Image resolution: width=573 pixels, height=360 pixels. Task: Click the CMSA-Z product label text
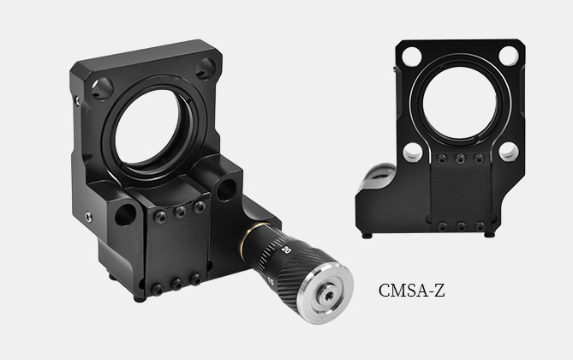[x=411, y=291]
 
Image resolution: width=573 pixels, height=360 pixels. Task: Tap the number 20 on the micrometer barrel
[x=286, y=250]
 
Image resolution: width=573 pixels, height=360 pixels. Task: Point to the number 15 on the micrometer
[x=271, y=281]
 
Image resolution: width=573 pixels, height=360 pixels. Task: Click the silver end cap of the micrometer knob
[x=325, y=295]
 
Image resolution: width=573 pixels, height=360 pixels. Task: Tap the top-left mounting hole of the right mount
[x=411, y=57]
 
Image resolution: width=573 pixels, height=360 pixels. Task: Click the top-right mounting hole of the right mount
[x=508, y=56]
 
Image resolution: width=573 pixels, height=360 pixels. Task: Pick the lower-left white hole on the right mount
[x=413, y=153]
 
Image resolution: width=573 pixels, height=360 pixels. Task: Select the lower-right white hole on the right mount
[x=509, y=152]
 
